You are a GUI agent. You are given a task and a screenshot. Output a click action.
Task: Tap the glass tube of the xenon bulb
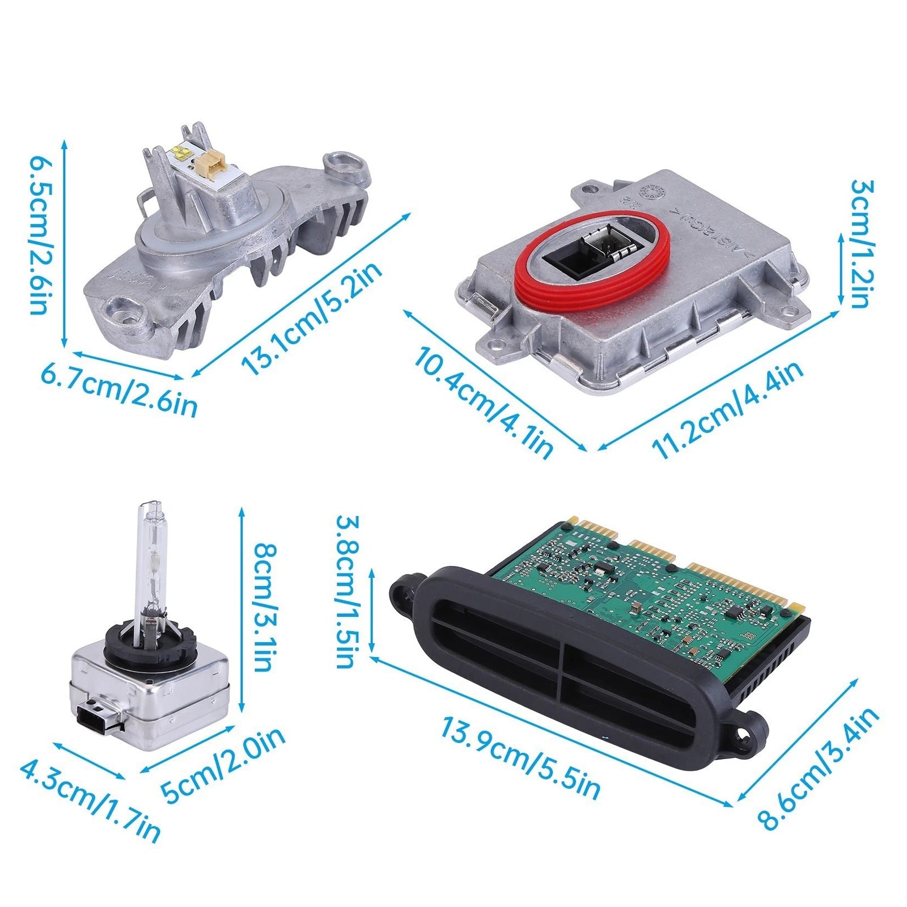click(x=151, y=561)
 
